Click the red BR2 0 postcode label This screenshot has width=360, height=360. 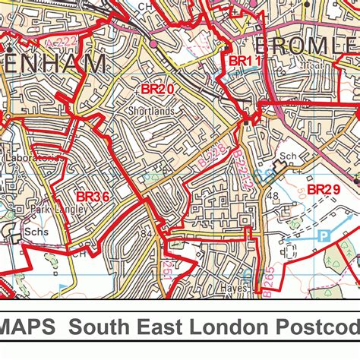(157, 89)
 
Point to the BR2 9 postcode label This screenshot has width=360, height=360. (324, 189)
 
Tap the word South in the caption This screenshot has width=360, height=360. (98, 328)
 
